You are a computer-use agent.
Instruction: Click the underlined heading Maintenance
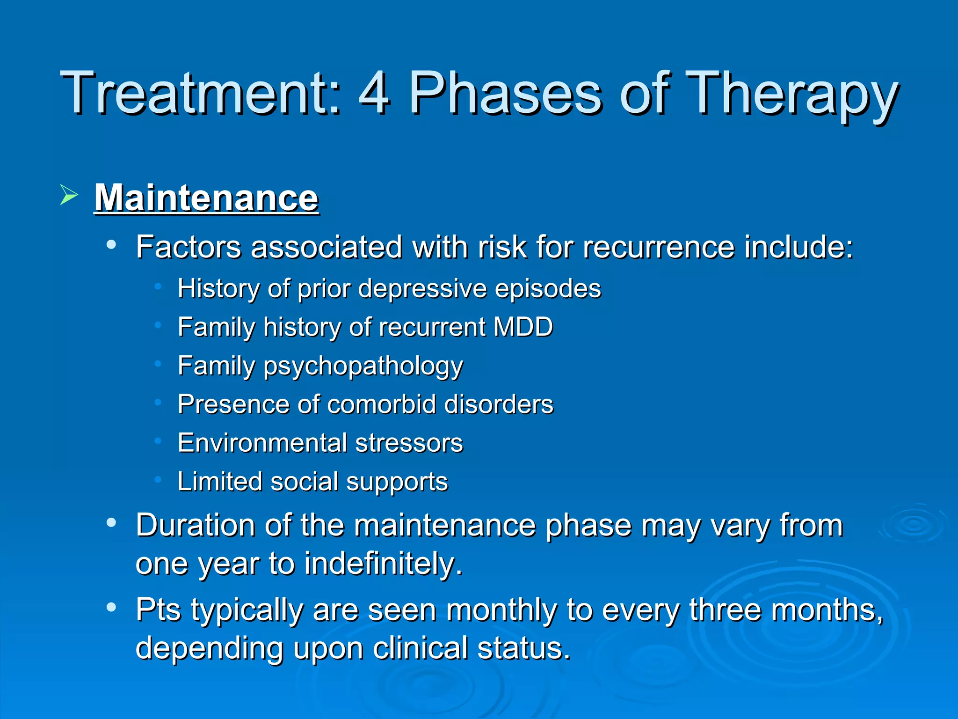[x=206, y=198]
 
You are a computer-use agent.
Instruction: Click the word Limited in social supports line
[x=220, y=482]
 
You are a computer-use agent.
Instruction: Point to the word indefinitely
[x=383, y=564]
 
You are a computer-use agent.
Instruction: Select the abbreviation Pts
[x=158, y=610]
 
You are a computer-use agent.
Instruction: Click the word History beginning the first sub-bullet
[x=218, y=289]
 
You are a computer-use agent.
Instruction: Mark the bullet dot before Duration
[x=111, y=523]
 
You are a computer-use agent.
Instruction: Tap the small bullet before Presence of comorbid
[x=158, y=402]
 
